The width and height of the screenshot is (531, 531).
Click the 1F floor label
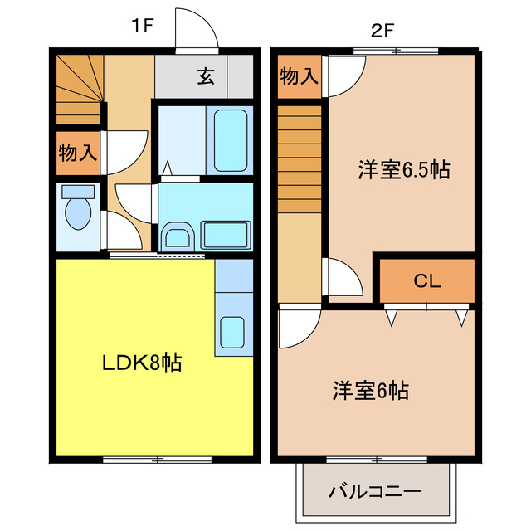[142, 25]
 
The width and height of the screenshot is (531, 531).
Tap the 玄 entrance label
[205, 78]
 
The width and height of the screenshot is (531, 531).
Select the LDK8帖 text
[142, 363]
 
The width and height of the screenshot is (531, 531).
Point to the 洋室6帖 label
[371, 390]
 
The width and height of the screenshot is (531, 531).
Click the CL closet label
[426, 280]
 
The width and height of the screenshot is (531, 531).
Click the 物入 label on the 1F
[78, 153]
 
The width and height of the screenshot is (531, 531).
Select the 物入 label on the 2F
[299, 76]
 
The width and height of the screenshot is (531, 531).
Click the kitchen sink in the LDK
[232, 332]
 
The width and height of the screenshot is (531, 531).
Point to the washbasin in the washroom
[178, 236]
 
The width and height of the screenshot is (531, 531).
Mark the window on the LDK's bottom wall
[155, 458]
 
